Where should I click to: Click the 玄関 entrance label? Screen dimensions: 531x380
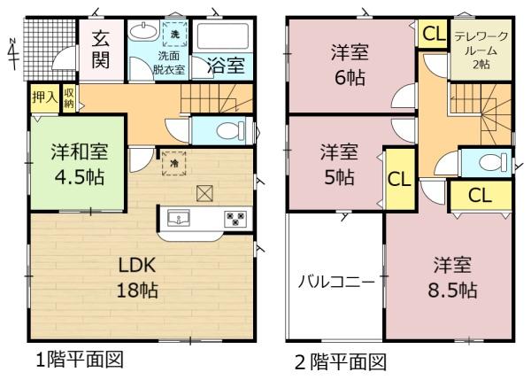coord(101,50)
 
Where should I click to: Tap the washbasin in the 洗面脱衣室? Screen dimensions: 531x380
coord(144,31)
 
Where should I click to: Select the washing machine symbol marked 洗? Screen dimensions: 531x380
coord(174,34)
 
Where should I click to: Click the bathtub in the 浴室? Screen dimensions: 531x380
coord(223,36)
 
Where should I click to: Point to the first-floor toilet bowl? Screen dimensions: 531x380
coord(230,130)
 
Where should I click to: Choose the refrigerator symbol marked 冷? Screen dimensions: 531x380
coord(174,164)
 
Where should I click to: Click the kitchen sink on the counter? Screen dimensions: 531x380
coord(179,218)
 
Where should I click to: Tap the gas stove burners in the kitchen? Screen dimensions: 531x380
coord(235,218)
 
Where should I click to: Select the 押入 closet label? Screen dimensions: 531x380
coord(45,97)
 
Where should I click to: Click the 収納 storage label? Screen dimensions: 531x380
coord(69,97)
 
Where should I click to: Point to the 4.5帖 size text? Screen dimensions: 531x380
coord(80,176)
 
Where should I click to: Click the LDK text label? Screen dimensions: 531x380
coord(137,265)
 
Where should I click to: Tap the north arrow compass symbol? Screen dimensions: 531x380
coord(13,54)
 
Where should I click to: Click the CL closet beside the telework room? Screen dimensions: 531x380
coord(434,34)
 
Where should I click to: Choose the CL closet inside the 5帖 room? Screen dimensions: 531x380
coord(400,179)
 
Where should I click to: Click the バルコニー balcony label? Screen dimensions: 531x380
coord(336,282)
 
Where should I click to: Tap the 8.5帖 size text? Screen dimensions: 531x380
coord(452,291)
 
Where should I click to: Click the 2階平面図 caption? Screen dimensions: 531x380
coord(341,362)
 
